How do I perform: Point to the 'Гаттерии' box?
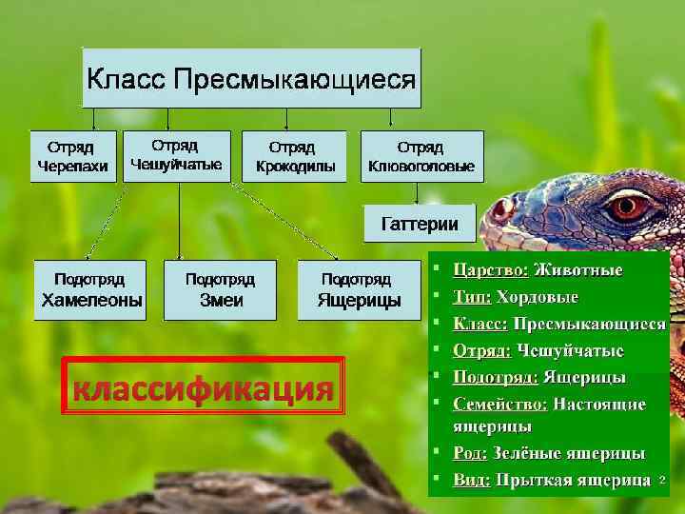tap(420, 225)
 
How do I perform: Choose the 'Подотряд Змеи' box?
tap(221, 290)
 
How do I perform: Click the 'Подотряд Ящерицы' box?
tap(359, 290)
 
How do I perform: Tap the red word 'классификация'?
tap(202, 388)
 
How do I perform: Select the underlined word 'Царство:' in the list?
tap(491, 270)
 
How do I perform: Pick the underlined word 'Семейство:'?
tap(500, 404)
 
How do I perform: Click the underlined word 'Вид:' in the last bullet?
tap(472, 479)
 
